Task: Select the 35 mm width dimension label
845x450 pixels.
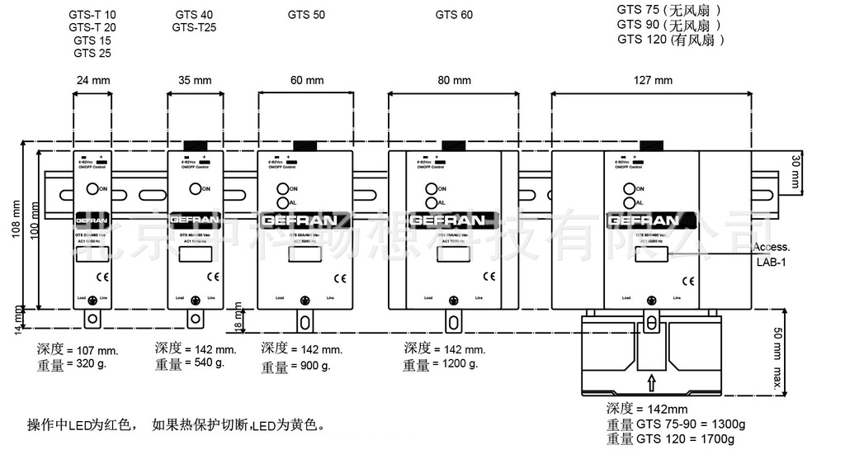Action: (x=195, y=80)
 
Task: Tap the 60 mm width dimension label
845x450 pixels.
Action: (x=306, y=80)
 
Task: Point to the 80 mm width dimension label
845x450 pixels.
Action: (x=454, y=80)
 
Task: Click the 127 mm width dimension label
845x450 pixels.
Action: (x=652, y=80)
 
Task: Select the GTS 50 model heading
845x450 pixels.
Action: (x=306, y=14)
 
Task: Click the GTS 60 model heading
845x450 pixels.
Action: (x=454, y=14)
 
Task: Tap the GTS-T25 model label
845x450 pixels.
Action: (x=195, y=27)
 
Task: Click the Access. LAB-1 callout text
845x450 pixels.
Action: (x=772, y=254)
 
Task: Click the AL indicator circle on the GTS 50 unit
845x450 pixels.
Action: (x=282, y=202)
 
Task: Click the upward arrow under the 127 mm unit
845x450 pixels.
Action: (x=651, y=382)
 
